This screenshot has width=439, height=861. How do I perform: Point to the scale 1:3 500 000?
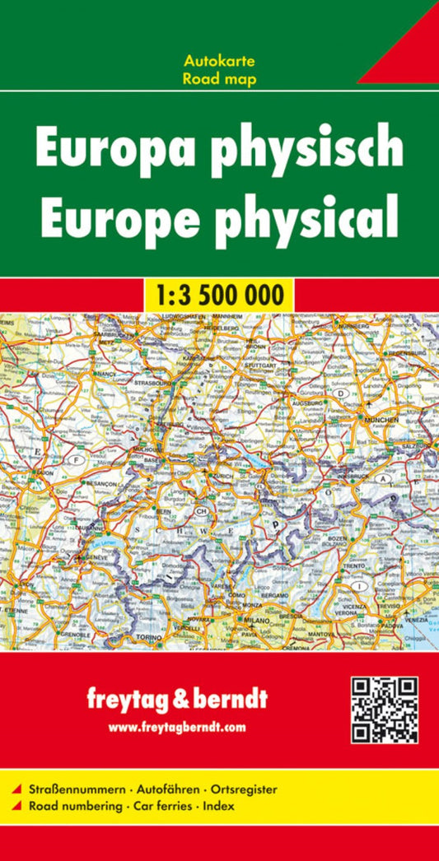click(x=219, y=295)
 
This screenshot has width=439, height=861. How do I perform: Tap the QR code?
click(x=385, y=710)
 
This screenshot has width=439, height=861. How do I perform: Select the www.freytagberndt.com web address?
click(x=177, y=727)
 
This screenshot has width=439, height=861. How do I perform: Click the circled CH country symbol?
click(x=201, y=511)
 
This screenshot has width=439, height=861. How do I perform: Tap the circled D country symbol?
click(x=340, y=394)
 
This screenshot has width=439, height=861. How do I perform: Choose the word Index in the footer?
click(x=218, y=806)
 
